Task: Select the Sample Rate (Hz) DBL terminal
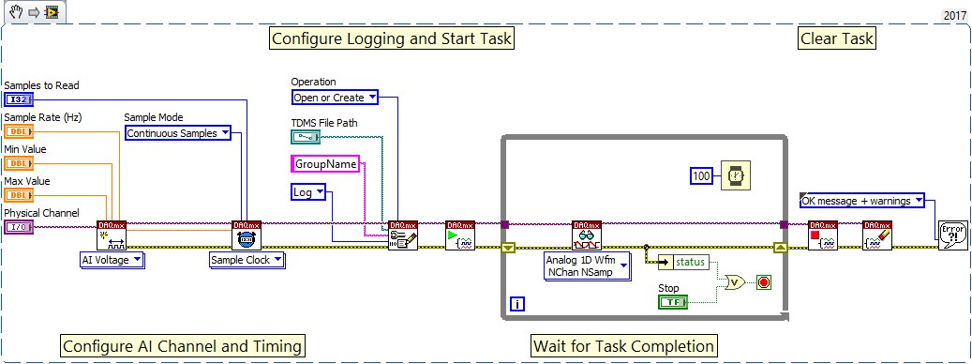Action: [x=19, y=131]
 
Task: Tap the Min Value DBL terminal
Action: [x=19, y=163]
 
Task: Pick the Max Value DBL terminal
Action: [x=19, y=195]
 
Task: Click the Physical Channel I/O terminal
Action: [x=19, y=227]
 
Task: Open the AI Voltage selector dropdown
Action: [x=112, y=260]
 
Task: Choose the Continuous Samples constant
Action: [x=177, y=133]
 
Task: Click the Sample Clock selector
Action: [x=247, y=260]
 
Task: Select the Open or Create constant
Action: [x=335, y=98]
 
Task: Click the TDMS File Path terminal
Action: [x=305, y=137]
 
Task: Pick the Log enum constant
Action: [x=308, y=192]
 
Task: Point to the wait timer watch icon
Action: [x=736, y=175]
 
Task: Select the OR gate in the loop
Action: [x=736, y=281]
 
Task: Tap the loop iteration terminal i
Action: [x=517, y=303]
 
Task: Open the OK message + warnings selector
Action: [x=861, y=200]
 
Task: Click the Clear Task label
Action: [x=836, y=38]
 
